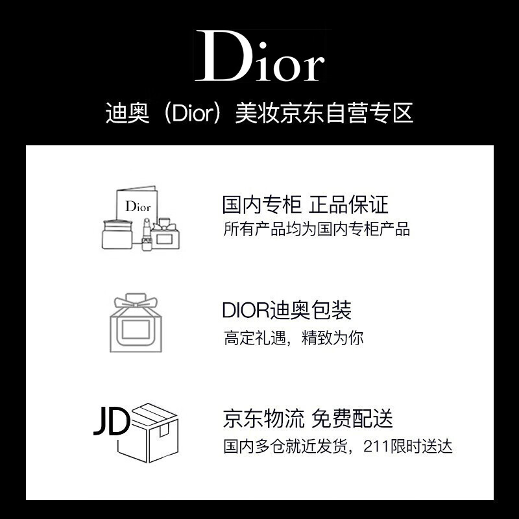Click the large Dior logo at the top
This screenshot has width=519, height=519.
pos(259,57)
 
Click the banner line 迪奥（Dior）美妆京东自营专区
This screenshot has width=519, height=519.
pos(259,114)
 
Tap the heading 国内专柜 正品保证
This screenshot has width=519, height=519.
pos(306,205)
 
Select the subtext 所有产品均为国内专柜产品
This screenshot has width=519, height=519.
pos(317,229)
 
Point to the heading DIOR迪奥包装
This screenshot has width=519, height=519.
pos(287,311)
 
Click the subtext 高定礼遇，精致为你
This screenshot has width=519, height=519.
pos(294,338)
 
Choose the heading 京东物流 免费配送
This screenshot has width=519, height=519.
pos(308,418)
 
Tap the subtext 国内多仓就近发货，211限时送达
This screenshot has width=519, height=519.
pos(337,446)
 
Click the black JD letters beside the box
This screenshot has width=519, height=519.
pos(110,422)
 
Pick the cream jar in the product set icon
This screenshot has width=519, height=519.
pos(118,234)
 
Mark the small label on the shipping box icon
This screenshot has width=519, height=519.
pos(165,429)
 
